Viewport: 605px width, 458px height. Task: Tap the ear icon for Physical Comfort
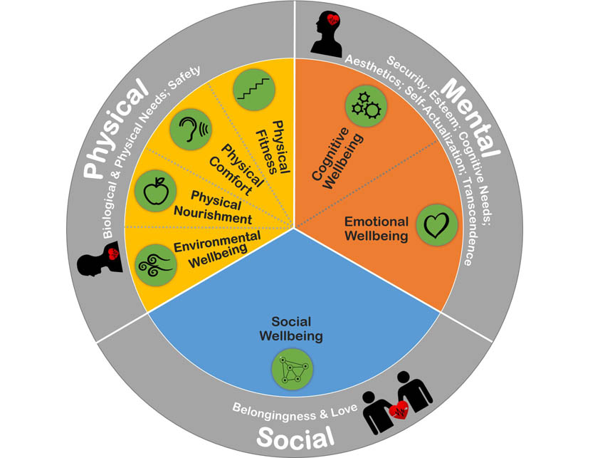(191, 130)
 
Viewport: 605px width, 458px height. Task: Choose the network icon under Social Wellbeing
(292, 370)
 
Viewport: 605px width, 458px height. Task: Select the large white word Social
(295, 437)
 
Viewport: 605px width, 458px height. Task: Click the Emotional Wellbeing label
(376, 228)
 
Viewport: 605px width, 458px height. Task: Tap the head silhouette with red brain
(330, 35)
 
